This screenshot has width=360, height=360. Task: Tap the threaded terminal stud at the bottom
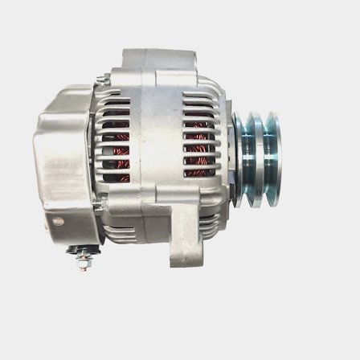point(83,262)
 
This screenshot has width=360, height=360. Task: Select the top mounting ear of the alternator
point(158,60)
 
